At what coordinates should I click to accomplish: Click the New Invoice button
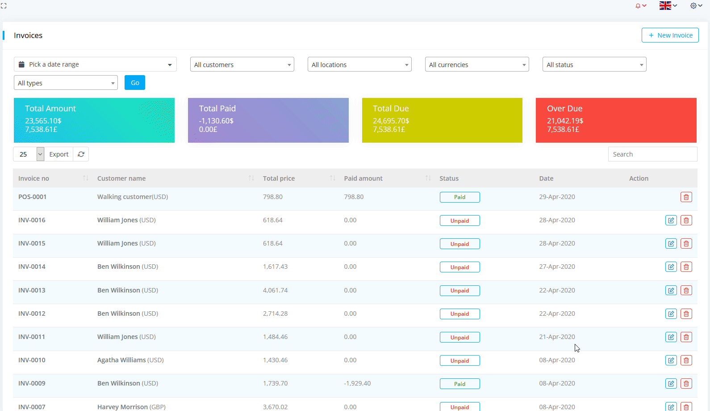pyautogui.click(x=670, y=35)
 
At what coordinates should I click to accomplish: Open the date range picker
pyautogui.click(x=95, y=64)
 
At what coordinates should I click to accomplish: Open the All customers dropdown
pyautogui.click(x=242, y=65)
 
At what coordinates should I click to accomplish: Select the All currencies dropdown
pyautogui.click(x=476, y=65)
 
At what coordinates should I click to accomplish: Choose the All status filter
pyautogui.click(x=594, y=65)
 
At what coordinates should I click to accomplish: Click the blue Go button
pyautogui.click(x=135, y=83)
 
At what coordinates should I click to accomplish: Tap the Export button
pyautogui.click(x=58, y=154)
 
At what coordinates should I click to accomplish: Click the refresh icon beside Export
pyautogui.click(x=81, y=154)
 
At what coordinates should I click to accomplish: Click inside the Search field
pyautogui.click(x=652, y=154)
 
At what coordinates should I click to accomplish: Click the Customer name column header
pyautogui.click(x=121, y=178)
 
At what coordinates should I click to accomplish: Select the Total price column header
pyautogui.click(x=279, y=178)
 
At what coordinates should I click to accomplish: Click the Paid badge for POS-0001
pyautogui.click(x=459, y=197)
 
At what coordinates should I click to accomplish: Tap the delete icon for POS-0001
pyautogui.click(x=686, y=197)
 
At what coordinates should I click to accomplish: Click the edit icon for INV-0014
pyautogui.click(x=671, y=267)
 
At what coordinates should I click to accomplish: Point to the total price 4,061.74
pyautogui.click(x=275, y=290)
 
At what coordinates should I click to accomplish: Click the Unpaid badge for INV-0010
pyautogui.click(x=459, y=361)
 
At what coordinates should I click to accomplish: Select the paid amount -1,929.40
pyautogui.click(x=357, y=383)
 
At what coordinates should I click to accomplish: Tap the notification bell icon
pyautogui.click(x=639, y=6)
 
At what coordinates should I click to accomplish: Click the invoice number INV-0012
pyautogui.click(x=32, y=314)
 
